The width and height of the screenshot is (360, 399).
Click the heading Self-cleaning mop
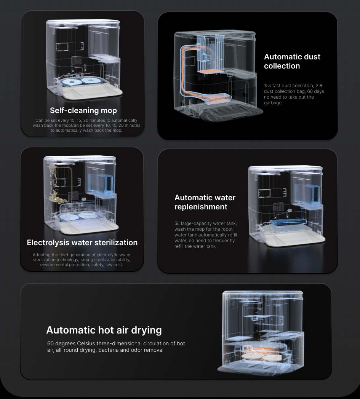pyautogui.click(x=83, y=110)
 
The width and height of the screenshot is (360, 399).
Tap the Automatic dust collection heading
pyautogui.click(x=292, y=61)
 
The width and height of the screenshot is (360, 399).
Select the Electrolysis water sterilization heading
pyautogui.click(x=82, y=243)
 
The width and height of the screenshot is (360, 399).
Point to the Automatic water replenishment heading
pyautogui.click(x=205, y=202)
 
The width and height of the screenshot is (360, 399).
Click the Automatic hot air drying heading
pyautogui.click(x=104, y=330)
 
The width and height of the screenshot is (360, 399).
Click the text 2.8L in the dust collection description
pyautogui.click(x=320, y=86)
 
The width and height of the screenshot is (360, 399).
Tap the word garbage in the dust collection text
pyautogui.click(x=273, y=103)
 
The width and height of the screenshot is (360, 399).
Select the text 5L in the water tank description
pyautogui.click(x=177, y=223)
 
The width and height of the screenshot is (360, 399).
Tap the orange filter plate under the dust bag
pyautogui.click(x=210, y=72)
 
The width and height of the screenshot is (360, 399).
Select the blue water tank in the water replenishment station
pyautogui.click(x=307, y=194)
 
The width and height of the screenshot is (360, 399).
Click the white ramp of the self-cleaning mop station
pyautogui.click(x=93, y=93)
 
